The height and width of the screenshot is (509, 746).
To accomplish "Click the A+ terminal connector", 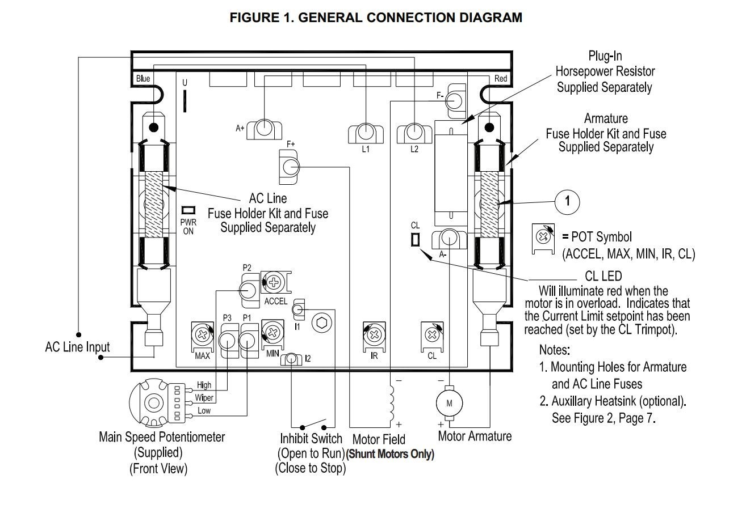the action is [264, 129].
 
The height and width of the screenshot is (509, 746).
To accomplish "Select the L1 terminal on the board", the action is [366, 133].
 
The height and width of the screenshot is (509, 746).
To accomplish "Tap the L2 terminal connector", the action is [414, 133].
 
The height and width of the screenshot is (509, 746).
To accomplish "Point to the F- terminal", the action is [455, 101].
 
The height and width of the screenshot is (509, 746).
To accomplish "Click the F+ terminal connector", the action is [289, 167].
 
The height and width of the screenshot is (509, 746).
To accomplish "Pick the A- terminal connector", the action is [449, 239].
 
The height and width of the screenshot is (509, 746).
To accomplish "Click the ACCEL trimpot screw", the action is [274, 283].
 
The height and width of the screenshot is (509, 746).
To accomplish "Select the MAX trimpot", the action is [203, 336].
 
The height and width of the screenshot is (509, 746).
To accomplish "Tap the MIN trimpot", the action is [273, 333].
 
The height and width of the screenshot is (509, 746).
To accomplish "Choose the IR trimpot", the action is [374, 336].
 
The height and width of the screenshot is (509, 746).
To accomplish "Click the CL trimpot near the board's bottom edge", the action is [432, 336].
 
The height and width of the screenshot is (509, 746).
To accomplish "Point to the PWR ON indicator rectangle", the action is [188, 210].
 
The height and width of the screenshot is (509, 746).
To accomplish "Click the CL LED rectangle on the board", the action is [415, 239].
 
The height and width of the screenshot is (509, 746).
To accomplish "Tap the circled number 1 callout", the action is [567, 202].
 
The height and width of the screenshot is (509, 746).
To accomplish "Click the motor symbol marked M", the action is [449, 403].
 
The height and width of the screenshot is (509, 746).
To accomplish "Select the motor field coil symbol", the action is [392, 402].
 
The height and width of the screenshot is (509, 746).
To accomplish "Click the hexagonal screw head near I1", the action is [322, 323].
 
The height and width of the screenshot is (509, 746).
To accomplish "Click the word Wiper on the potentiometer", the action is [204, 398].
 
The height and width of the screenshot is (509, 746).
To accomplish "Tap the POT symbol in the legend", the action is [543, 239].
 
